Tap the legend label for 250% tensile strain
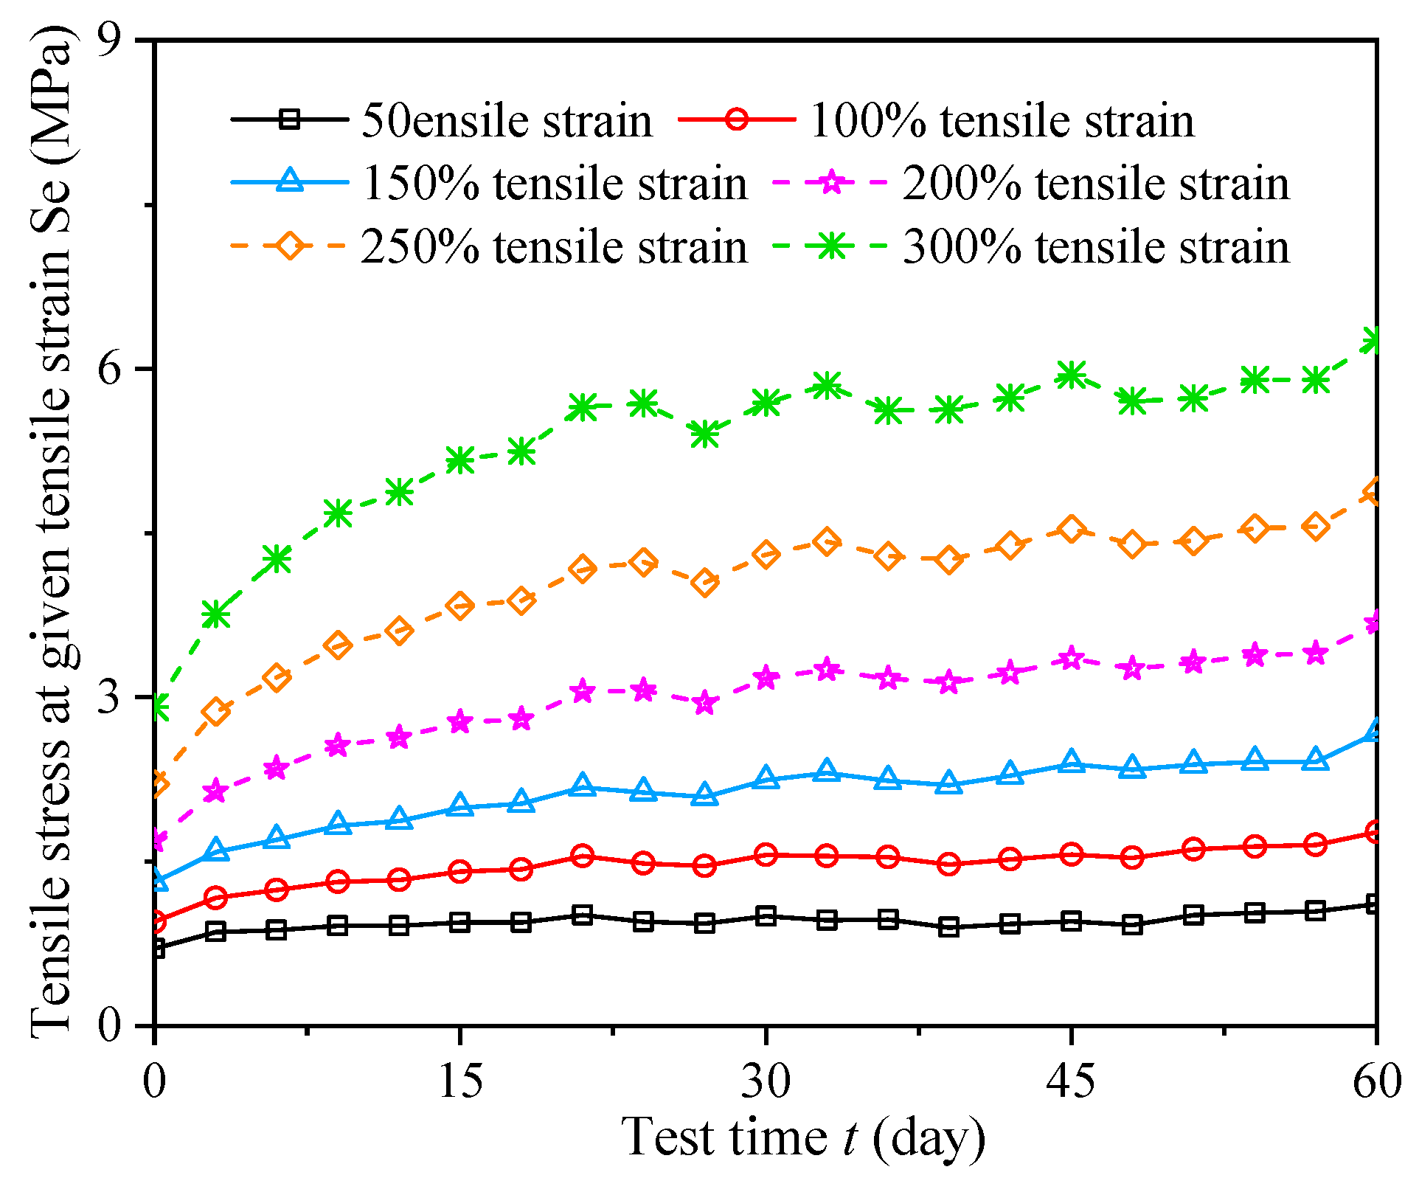pos(554,246)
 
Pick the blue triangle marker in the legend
pos(290,182)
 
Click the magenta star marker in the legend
pos(831,182)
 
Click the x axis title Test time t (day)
pos(803,1137)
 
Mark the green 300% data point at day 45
pos(1071,375)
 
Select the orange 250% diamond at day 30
pos(766,554)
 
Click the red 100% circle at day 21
pos(583,856)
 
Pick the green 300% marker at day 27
pos(705,434)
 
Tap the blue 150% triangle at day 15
pos(460,805)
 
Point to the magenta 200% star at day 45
pos(1071,659)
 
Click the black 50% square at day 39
pos(949,927)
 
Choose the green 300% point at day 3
pos(215,614)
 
